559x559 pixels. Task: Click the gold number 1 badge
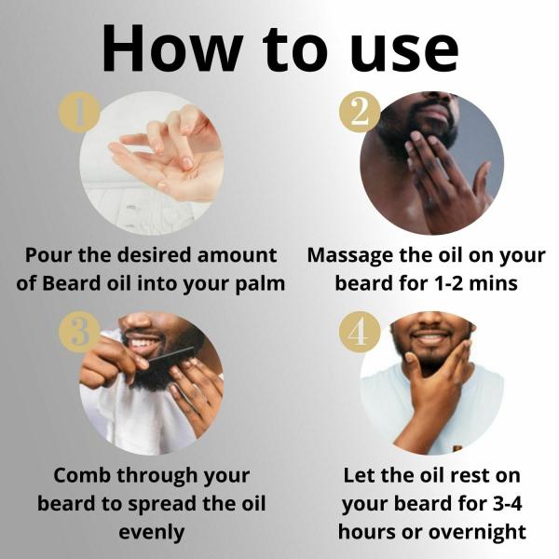(x=79, y=112)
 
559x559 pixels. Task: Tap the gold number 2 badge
(x=360, y=112)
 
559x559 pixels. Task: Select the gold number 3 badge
(x=79, y=332)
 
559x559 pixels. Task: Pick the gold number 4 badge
(x=360, y=332)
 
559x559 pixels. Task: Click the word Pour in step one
(x=48, y=255)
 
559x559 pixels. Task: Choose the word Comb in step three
(x=82, y=475)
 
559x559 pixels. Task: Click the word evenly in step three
(x=152, y=533)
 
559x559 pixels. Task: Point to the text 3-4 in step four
(x=508, y=504)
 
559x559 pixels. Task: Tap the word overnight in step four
(x=477, y=533)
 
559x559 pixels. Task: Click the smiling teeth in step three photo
(x=144, y=343)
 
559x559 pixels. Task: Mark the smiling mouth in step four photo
(x=429, y=338)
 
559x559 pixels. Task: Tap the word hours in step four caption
(x=367, y=532)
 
